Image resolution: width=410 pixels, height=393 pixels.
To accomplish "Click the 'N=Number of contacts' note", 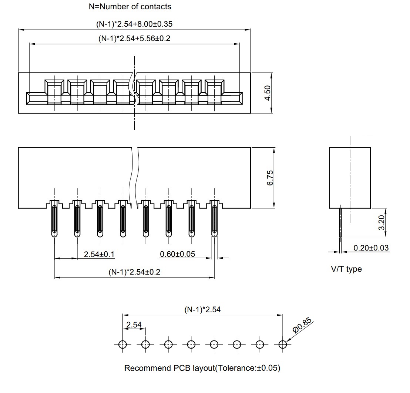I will [x=130, y=6].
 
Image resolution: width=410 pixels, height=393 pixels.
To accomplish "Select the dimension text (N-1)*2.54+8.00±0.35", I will [x=134, y=24].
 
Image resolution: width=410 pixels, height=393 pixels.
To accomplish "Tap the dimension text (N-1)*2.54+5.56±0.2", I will [x=134, y=38].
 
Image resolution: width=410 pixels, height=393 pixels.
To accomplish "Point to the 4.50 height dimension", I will [x=268, y=93].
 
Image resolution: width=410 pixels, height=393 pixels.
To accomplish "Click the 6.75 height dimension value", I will [x=270, y=178].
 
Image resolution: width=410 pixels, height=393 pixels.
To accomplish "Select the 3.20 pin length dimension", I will [x=382, y=222].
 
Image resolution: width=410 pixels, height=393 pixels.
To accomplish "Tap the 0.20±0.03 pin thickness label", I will [x=371, y=248].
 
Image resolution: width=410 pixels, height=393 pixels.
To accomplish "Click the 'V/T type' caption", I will [x=346, y=269].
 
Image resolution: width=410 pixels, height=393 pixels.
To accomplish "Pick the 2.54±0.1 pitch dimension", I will [x=99, y=254].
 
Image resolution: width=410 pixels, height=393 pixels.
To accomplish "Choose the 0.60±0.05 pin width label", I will [x=177, y=254].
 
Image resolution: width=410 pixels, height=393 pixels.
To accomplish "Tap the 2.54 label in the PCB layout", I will [x=134, y=325].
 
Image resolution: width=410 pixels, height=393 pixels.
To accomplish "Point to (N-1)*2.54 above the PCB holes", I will [x=202, y=310].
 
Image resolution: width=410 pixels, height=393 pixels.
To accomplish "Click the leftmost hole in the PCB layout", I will [x=122, y=345].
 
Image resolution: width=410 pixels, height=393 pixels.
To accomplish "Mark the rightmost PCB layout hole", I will [x=283, y=345].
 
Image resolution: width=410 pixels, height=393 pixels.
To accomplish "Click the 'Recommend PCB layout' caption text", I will [x=202, y=368].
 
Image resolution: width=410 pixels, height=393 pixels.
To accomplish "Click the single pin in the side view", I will [x=340, y=222].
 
